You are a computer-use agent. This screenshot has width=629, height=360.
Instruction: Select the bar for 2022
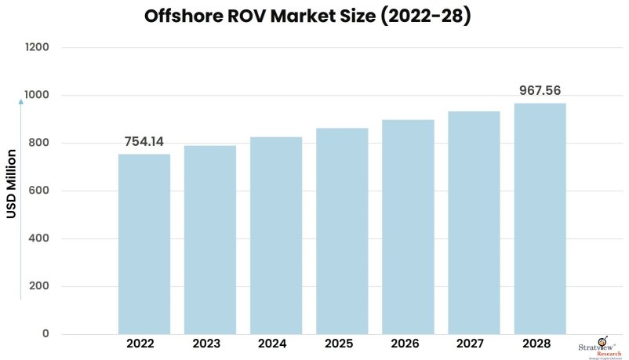pyautogui.click(x=144, y=244)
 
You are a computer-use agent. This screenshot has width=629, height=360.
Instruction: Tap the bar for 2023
pyautogui.click(x=210, y=240)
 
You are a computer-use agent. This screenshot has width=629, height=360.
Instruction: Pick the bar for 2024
pyautogui.click(x=276, y=235)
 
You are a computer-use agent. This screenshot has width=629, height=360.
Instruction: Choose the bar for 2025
pyautogui.click(x=342, y=231)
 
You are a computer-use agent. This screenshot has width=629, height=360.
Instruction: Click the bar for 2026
pyautogui.click(x=408, y=227)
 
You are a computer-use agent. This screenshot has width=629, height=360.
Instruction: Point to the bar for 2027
pyautogui.click(x=474, y=223)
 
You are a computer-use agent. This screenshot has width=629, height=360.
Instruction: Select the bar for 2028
pyautogui.click(x=540, y=219)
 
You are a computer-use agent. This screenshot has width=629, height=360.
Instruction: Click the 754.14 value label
pyautogui.click(x=144, y=142)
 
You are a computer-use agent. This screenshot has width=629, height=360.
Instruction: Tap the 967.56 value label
pyautogui.click(x=540, y=91)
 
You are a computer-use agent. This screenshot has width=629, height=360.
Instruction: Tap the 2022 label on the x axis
pyautogui.click(x=144, y=344)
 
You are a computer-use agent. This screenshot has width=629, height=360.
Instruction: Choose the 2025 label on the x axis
pyautogui.click(x=342, y=344)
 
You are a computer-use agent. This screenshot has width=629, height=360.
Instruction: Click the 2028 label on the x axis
pyautogui.click(x=540, y=344)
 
